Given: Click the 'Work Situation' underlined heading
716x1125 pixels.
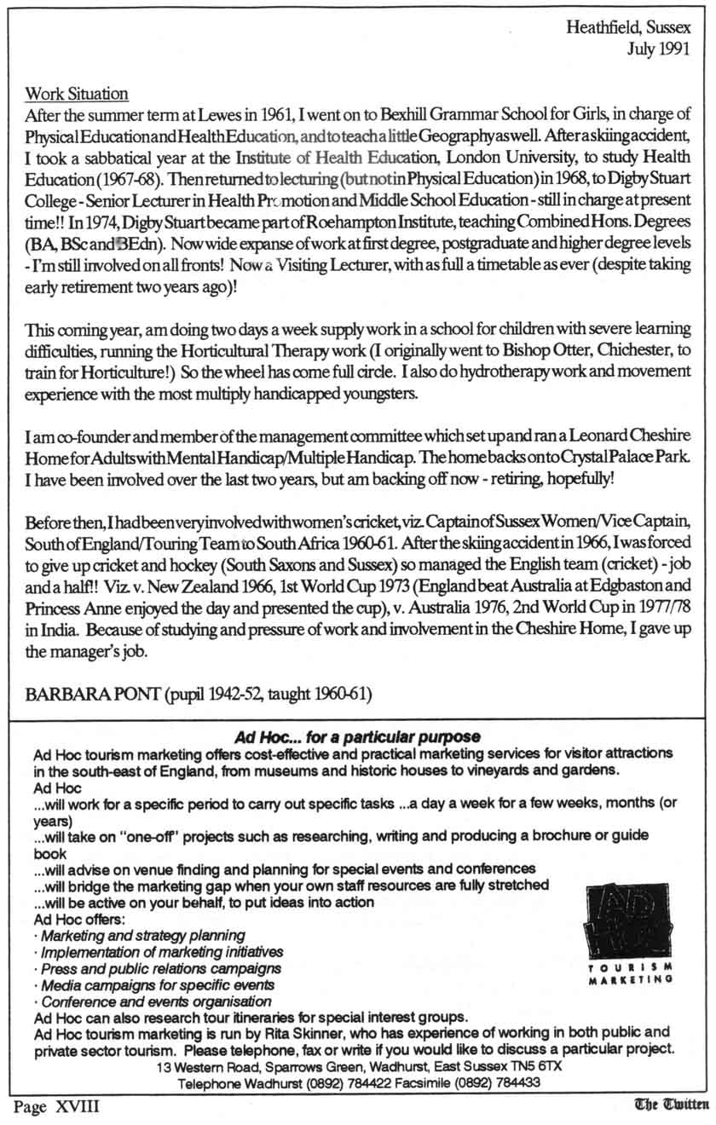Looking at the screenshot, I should click(77, 93).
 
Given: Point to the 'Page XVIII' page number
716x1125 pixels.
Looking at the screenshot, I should click(55, 1107).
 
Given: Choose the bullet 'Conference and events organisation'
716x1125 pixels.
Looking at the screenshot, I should click(157, 1001).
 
